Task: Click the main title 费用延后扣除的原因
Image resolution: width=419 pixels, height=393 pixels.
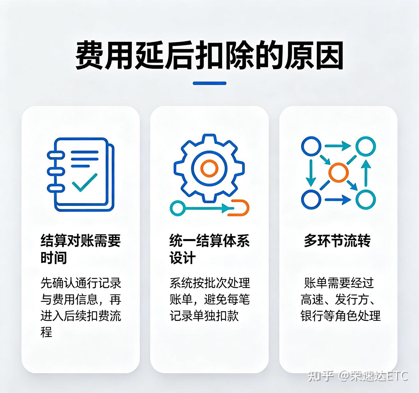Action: point(209,55)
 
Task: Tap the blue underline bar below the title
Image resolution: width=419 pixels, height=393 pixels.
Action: point(210,83)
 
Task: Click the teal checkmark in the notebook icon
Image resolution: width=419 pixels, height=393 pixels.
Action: point(85,182)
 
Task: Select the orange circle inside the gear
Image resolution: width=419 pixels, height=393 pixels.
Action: point(209,168)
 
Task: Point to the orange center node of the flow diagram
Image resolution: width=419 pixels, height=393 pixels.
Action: point(338,173)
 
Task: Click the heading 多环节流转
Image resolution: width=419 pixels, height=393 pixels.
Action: point(337,241)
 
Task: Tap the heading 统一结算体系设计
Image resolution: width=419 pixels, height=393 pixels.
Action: point(210,249)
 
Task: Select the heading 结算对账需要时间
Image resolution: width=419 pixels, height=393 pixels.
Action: point(81,249)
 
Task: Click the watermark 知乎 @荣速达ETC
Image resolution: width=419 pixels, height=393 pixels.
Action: point(358,376)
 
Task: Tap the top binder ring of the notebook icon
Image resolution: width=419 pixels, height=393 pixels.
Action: point(55,155)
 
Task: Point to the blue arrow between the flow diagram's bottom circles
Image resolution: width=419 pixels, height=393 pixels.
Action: point(338,199)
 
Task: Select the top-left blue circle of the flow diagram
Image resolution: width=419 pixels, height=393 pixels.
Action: point(311,146)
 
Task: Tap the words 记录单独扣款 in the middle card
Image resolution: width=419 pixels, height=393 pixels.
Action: point(204,316)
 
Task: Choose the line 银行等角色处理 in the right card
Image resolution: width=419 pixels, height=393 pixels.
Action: point(340,316)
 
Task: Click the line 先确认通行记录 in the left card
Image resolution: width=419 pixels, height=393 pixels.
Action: point(81,283)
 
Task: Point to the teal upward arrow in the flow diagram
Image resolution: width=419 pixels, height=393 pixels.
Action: point(366,173)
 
